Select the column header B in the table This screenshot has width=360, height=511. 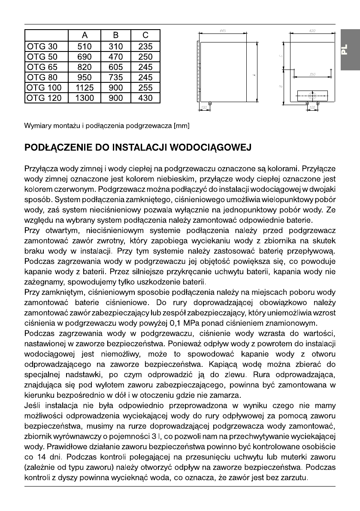click(115, 35)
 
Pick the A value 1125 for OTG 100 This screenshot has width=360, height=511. click(85, 88)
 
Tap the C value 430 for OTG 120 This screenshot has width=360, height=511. click(145, 98)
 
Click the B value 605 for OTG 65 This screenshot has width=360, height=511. click(115, 67)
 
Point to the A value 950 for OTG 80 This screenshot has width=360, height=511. click(85, 77)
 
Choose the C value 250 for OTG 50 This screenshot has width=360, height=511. click(145, 57)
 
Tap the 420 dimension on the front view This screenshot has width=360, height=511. click(312, 30)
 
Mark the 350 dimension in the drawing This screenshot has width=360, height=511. click(312, 75)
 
